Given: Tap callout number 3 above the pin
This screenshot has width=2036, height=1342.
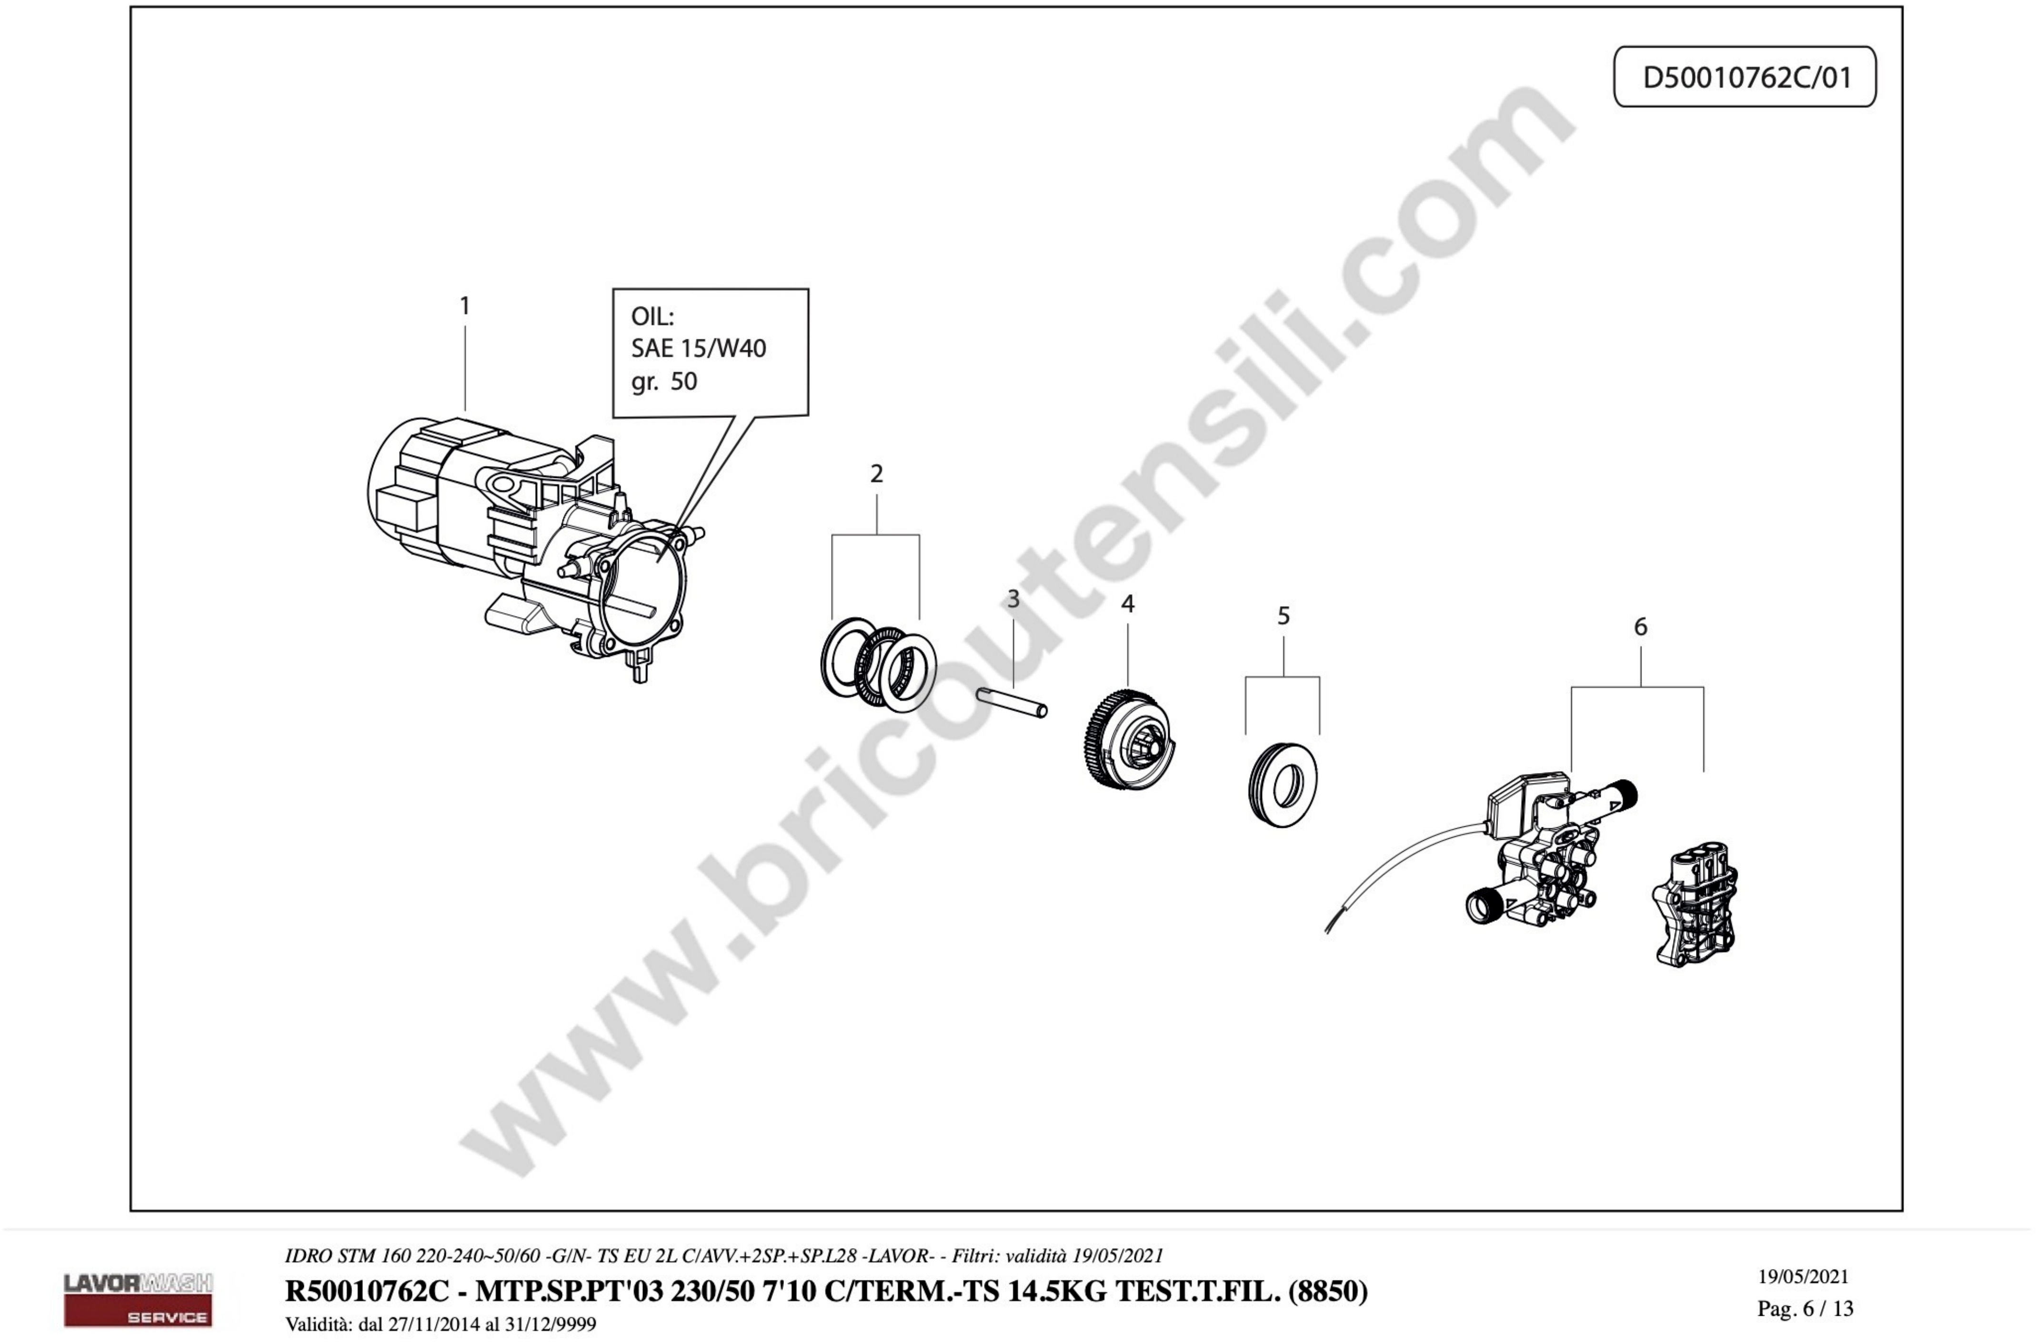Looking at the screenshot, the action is [1014, 599].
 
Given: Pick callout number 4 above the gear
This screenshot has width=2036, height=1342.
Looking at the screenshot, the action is [1127, 604].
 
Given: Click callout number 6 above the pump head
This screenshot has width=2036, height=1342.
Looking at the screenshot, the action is [1640, 627].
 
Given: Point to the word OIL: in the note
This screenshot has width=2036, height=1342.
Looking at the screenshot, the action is [652, 316].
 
